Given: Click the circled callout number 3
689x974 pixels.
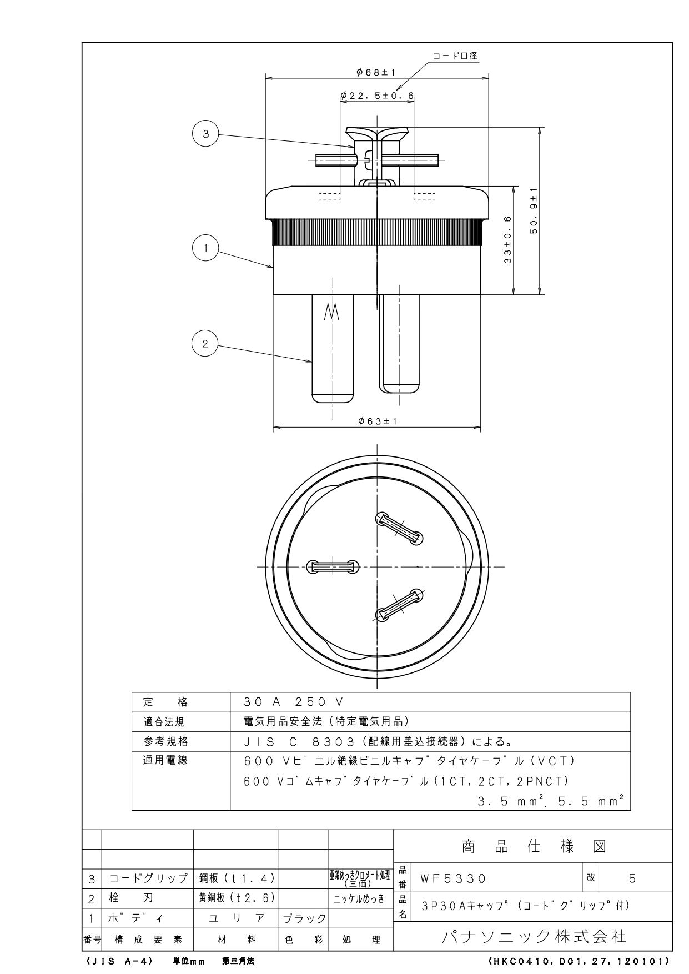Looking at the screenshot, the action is pyautogui.click(x=205, y=134).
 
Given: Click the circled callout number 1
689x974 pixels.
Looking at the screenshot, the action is pyautogui.click(x=205, y=248).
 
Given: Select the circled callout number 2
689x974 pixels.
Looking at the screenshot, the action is pyautogui.click(x=205, y=344).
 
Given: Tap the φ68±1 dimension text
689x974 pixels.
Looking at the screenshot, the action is pyautogui.click(x=376, y=72).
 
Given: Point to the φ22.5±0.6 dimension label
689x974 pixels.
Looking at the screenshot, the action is pyautogui.click(x=377, y=96).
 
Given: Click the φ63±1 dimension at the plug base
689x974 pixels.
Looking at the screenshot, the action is pyautogui.click(x=378, y=421).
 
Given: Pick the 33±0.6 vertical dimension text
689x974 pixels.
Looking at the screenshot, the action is pyautogui.click(x=507, y=240).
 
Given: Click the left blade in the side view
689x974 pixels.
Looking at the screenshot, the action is pyautogui.click(x=333, y=348).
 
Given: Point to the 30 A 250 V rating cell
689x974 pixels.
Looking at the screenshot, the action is pyautogui.click(x=294, y=702).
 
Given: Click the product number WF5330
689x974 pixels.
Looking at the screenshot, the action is pyautogui.click(x=453, y=878).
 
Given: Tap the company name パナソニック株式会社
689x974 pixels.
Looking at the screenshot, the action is pyautogui.click(x=534, y=937).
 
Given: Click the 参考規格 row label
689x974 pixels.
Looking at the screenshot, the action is pyautogui.click(x=165, y=741).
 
